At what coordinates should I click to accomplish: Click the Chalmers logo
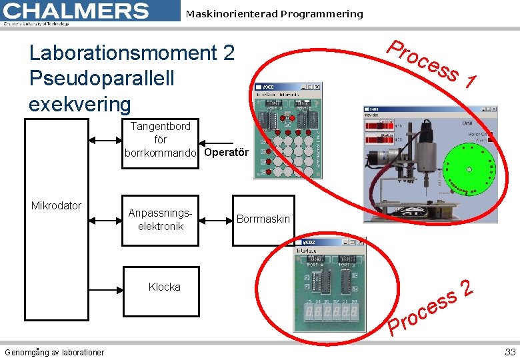click(x=77, y=11)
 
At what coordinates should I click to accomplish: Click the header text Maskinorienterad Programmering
click(x=274, y=14)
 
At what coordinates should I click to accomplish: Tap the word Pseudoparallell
click(x=101, y=78)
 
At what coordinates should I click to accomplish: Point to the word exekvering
click(x=80, y=104)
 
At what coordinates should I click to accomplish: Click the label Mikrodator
click(x=56, y=205)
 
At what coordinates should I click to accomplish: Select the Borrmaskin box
click(x=263, y=219)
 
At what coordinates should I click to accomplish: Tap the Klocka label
click(x=164, y=287)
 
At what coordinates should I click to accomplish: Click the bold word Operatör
click(x=226, y=153)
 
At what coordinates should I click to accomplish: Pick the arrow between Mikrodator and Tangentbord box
click(x=103, y=141)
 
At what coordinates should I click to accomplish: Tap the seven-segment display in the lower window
click(x=331, y=311)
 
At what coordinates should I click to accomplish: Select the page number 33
click(x=510, y=352)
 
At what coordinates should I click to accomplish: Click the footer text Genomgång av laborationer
click(x=54, y=352)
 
